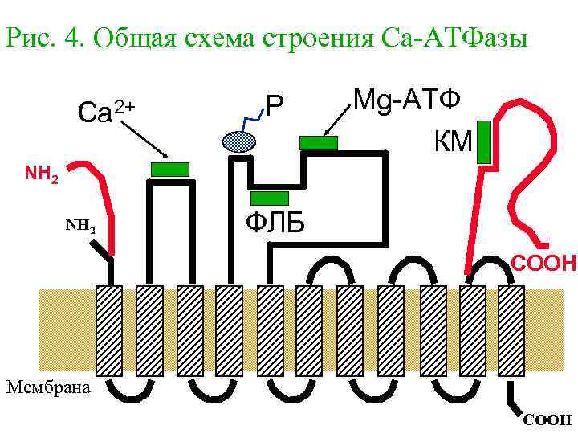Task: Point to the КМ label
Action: point(453,143)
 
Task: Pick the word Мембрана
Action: point(48,387)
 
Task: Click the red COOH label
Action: point(545,262)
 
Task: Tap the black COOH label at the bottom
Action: point(547,420)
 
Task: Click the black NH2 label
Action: point(80,228)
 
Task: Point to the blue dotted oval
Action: point(238,141)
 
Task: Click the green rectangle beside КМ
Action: point(483,142)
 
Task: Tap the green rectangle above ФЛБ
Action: point(269,199)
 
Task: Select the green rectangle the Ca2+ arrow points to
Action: point(170,169)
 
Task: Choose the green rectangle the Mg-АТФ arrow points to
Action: point(319,143)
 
